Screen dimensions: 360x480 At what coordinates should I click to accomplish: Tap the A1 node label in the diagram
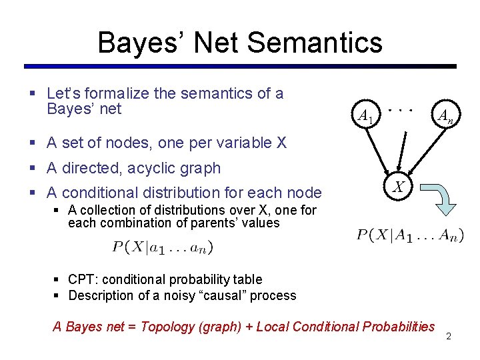tap(365, 117)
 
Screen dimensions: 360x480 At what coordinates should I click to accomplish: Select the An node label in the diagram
tap(445, 117)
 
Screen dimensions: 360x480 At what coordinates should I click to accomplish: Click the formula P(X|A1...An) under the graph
tap(410, 235)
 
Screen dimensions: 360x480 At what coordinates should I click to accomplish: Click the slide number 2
tap(449, 336)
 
